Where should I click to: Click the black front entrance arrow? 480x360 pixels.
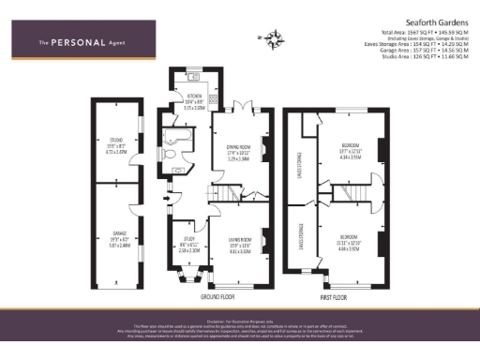[168, 196]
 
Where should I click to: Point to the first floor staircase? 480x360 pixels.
[355, 192]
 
